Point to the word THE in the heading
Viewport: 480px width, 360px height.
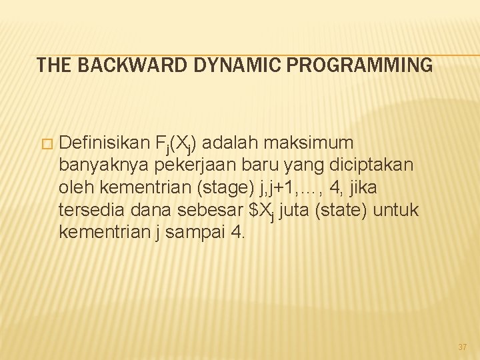(52, 65)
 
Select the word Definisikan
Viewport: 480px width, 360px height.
(104, 143)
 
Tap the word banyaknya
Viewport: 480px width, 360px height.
(107, 165)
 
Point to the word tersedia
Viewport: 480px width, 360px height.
(87, 210)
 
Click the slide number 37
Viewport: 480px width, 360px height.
(463, 347)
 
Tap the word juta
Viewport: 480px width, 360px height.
(295, 210)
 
